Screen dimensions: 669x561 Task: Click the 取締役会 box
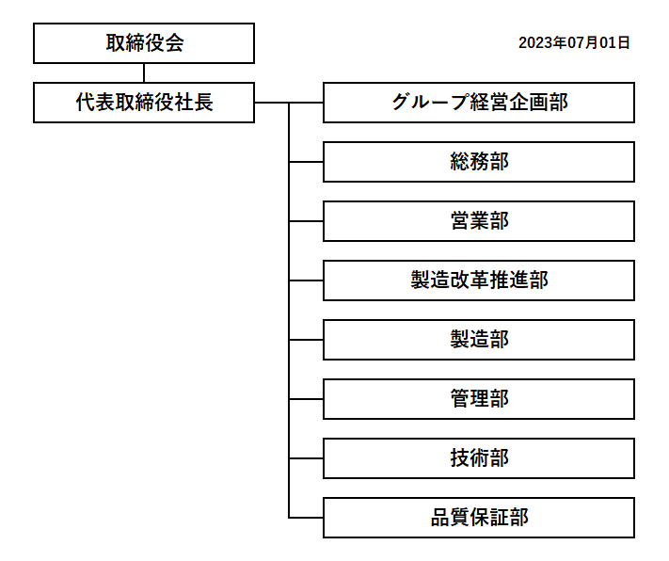coord(144,43)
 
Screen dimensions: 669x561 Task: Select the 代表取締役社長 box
coord(144,103)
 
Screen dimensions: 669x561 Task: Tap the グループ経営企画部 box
coord(479,103)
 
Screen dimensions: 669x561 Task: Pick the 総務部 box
coord(479,162)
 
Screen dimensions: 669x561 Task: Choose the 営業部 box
coord(479,221)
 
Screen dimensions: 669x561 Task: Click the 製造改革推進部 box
coord(479,280)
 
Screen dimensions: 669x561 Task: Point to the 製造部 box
coord(479,340)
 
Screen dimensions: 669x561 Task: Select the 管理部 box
coord(479,399)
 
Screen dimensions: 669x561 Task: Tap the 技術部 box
coord(479,458)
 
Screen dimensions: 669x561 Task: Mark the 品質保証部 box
coord(479,518)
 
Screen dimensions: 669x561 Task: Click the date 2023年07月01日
coord(574,42)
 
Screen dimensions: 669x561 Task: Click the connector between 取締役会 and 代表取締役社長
coord(144,73)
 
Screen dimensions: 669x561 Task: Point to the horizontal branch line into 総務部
coord(306,162)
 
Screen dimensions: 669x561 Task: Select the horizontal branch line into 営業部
coord(306,221)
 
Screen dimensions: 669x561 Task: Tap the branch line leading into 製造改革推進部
coord(306,280)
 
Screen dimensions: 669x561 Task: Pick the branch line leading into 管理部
coord(306,399)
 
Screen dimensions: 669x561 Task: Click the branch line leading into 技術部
coord(306,458)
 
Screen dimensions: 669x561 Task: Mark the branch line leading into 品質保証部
coord(306,518)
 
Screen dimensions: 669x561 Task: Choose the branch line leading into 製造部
coord(306,340)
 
